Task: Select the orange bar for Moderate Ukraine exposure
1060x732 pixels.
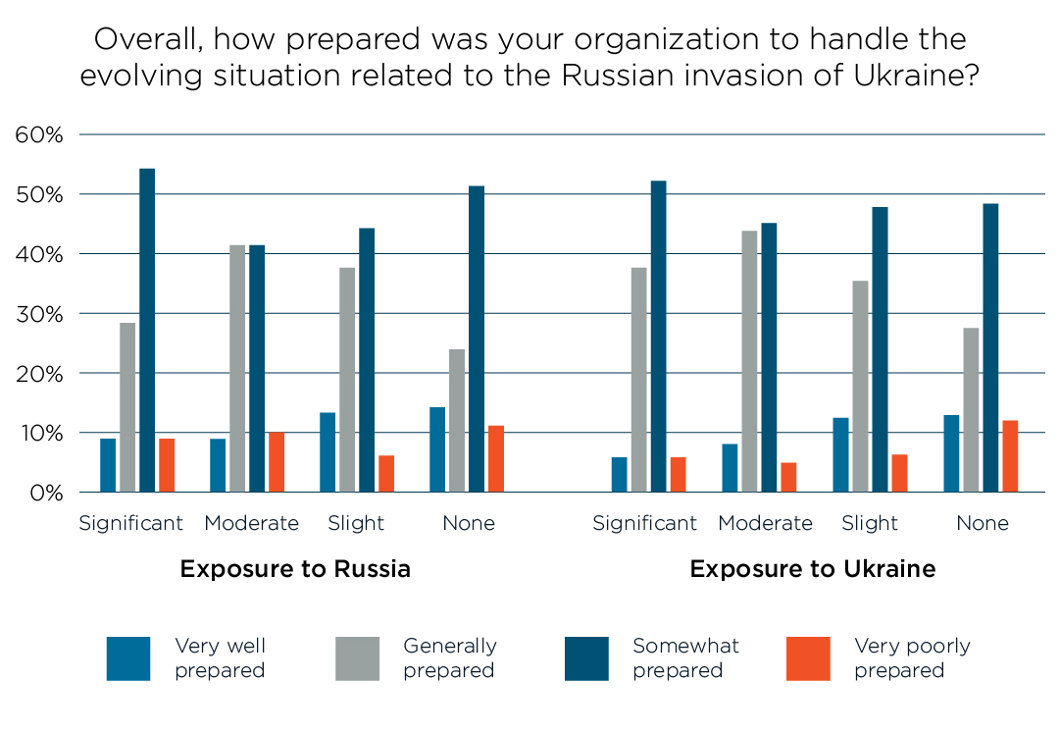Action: [x=788, y=477]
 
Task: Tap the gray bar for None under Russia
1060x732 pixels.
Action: [x=457, y=420]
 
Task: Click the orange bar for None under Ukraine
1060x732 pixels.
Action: [x=1010, y=456]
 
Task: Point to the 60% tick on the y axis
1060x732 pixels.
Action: [x=39, y=134]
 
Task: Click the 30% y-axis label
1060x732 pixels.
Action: [x=39, y=314]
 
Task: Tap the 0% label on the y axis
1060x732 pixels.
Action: [x=45, y=493]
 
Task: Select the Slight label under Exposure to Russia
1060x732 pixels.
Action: [x=356, y=523]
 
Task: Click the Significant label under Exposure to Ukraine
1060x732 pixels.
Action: [x=644, y=523]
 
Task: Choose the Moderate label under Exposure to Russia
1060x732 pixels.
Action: [x=251, y=523]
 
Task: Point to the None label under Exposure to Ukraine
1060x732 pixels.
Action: [x=983, y=523]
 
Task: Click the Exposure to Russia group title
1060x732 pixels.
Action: [x=295, y=569]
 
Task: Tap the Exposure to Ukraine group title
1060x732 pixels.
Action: [x=813, y=569]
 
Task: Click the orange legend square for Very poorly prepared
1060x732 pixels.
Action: [x=808, y=658]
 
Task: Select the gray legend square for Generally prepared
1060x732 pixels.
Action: [x=357, y=658]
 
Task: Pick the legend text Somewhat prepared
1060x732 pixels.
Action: [x=685, y=658]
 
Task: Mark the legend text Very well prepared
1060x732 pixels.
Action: [x=220, y=658]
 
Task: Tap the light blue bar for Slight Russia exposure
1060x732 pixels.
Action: [x=328, y=452]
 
